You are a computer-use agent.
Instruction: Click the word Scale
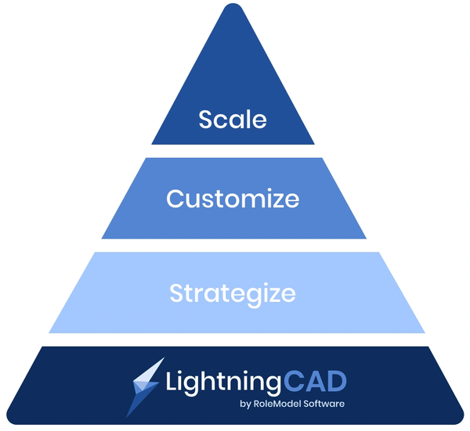click(x=233, y=119)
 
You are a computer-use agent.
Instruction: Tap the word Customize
click(x=233, y=198)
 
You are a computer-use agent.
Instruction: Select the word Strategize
click(x=233, y=294)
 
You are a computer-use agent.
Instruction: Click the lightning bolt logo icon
click(x=146, y=387)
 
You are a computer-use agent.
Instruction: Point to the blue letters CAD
click(x=316, y=381)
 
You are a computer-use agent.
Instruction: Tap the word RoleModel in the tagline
click(x=277, y=404)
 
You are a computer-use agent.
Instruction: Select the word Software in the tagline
click(x=324, y=404)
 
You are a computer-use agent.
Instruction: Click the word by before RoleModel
click(x=245, y=404)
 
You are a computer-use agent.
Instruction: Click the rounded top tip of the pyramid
click(x=233, y=4)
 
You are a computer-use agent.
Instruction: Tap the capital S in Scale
click(x=206, y=120)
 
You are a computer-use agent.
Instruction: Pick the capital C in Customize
click(x=175, y=198)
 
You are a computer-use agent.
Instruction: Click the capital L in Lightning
click(x=172, y=380)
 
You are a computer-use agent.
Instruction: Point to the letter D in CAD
click(x=337, y=381)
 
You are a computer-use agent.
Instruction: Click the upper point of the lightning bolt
click(x=164, y=357)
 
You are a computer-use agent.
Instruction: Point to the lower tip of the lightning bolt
click(x=126, y=417)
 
